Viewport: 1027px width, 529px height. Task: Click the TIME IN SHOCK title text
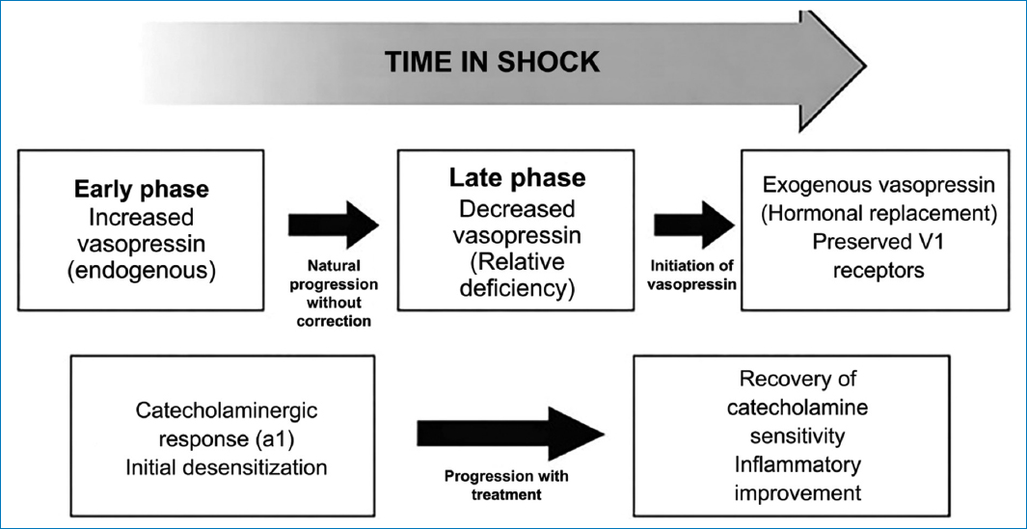[x=492, y=62]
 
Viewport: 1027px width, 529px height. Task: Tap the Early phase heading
[x=141, y=189]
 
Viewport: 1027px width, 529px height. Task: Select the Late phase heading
[x=516, y=178]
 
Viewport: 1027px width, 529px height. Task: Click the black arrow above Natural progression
[x=334, y=225]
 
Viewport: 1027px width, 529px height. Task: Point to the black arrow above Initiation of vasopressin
[x=694, y=225]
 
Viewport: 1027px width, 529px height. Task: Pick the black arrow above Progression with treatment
[x=510, y=433]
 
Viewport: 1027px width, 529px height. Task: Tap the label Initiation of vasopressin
[x=693, y=275]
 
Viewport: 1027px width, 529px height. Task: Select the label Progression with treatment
[x=507, y=485]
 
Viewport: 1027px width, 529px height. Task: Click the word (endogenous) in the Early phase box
[x=141, y=270]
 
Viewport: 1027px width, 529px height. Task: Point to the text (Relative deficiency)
[x=516, y=276]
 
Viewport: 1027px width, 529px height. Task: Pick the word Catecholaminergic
[x=227, y=411]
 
